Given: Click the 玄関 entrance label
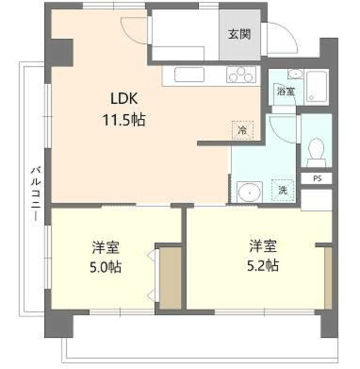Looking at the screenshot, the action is [240, 35].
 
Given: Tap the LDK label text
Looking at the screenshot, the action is [124, 99].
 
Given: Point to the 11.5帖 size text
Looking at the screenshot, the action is [124, 120].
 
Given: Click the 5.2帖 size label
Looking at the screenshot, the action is [263, 266].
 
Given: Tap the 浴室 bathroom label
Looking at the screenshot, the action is [286, 91].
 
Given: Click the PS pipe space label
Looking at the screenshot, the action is [317, 179].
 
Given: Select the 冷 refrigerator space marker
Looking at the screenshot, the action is [242, 130].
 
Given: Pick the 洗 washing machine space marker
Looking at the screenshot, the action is [283, 190].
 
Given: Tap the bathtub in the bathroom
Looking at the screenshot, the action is [316, 87].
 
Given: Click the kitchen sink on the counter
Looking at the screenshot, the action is [190, 74].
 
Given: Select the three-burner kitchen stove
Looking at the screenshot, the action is [241, 74].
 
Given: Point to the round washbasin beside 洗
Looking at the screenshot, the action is [249, 192].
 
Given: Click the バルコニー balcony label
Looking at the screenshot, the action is [36, 194].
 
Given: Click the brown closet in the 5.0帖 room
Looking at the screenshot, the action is [170, 278].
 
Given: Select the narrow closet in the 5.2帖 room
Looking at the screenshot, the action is [328, 278].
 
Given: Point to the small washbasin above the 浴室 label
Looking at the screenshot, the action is [295, 74].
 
